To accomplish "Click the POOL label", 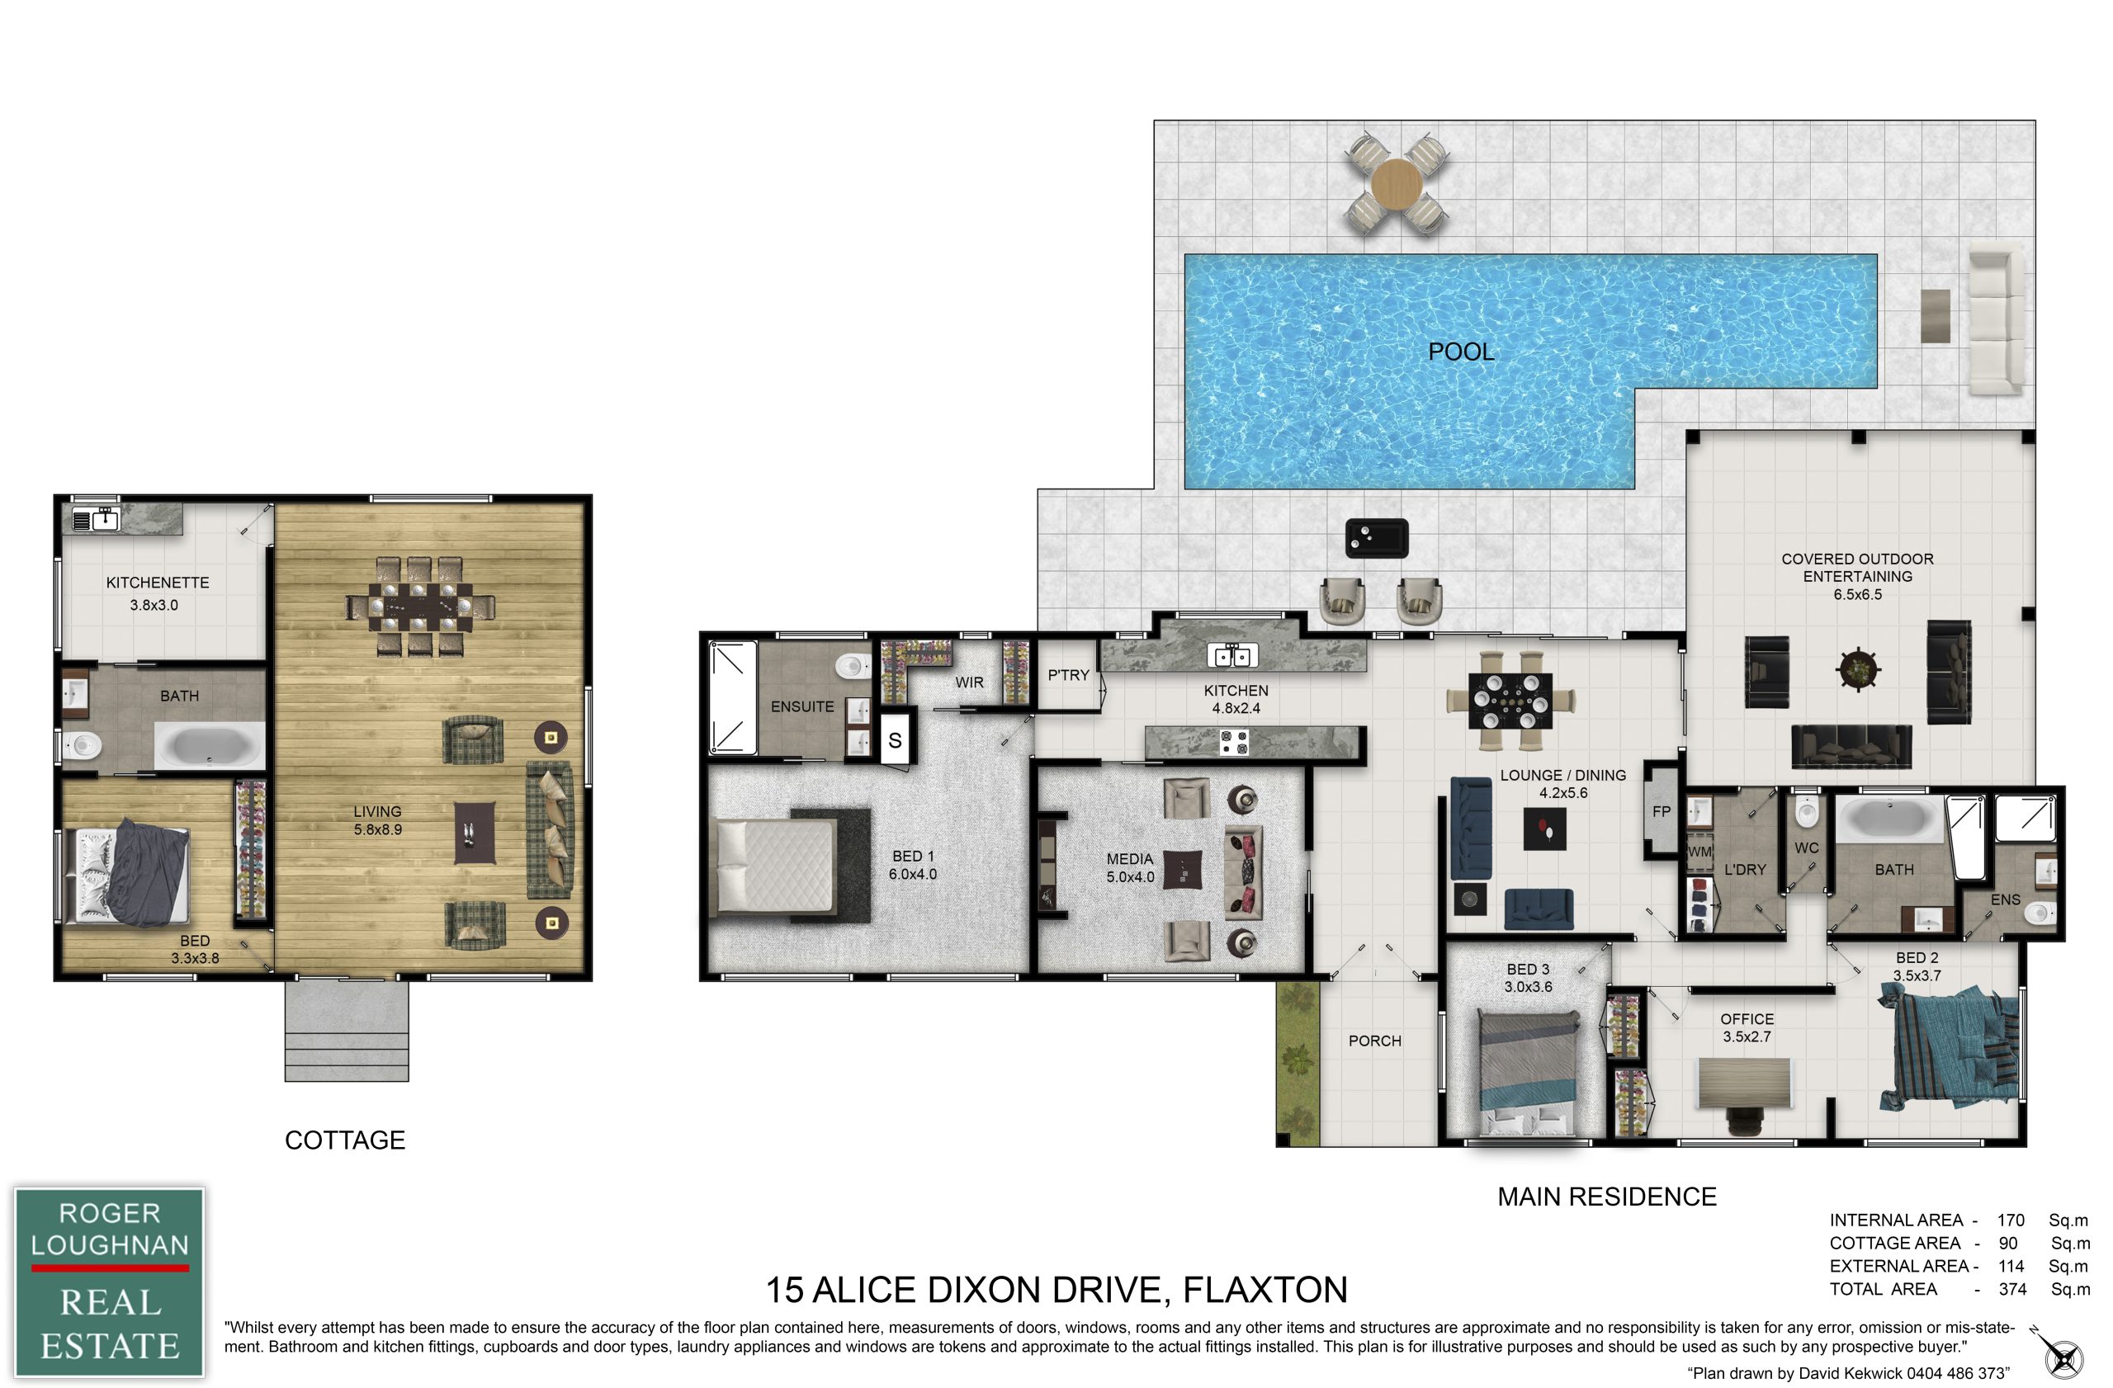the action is (x=1460, y=352).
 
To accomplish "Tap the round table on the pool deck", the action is (x=1397, y=184).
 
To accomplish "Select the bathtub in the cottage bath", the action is (x=210, y=745).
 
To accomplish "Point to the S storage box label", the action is (x=895, y=740).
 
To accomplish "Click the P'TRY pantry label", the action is (x=1068, y=675).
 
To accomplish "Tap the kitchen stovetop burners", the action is (x=1233, y=742).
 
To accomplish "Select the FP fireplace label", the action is (x=1662, y=811).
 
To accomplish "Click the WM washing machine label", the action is (x=1699, y=852).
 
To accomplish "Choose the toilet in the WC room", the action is (x=1806, y=810).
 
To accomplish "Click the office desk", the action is (x=1746, y=1082).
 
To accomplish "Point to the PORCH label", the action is (x=1374, y=1041).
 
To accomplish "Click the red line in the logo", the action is (x=110, y=1268).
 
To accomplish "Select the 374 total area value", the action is (x=2012, y=1290).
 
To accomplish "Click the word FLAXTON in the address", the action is (x=1265, y=1290).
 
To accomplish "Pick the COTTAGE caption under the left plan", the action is (x=344, y=1140).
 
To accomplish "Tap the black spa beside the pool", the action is (x=1376, y=538).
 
